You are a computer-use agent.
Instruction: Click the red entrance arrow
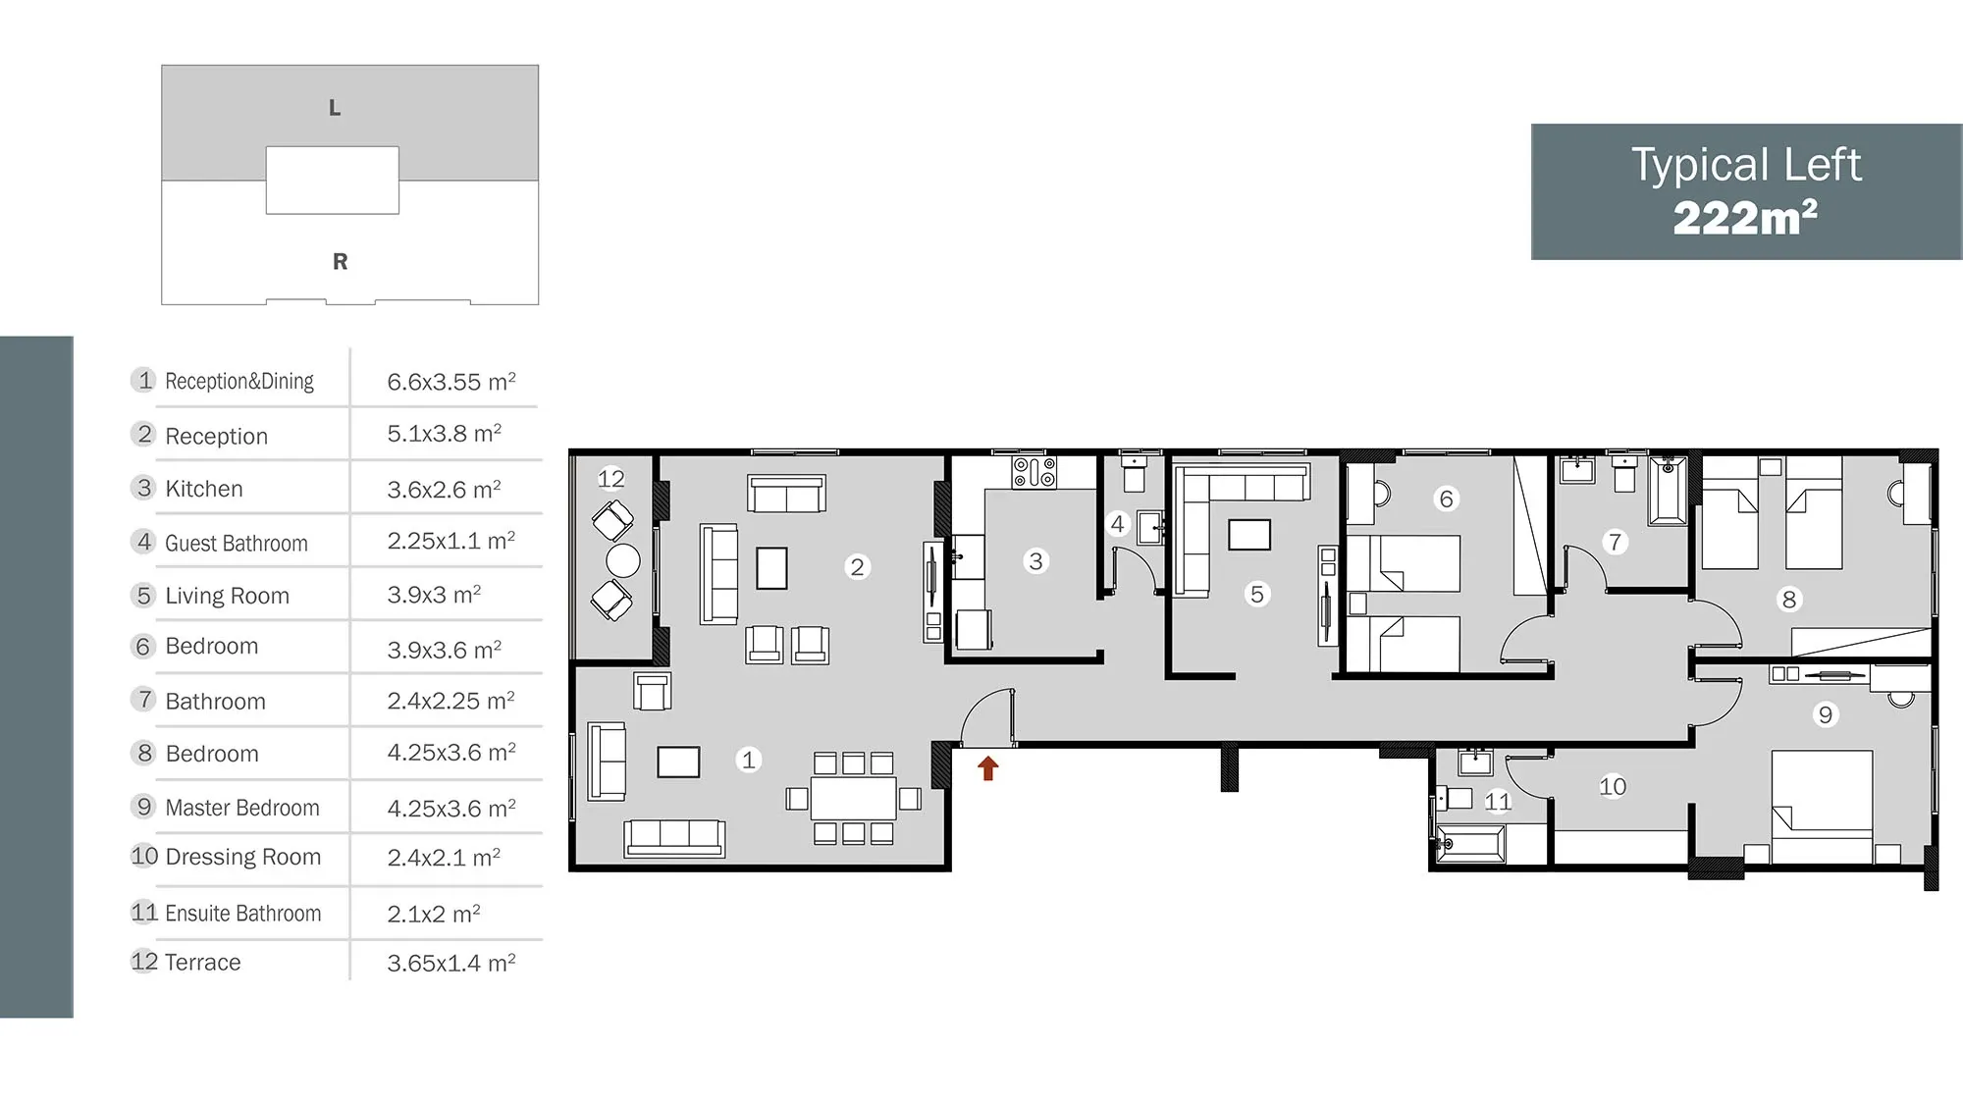[987, 768]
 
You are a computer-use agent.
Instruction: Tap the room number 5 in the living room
[1256, 594]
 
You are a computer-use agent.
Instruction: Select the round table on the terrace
[623, 560]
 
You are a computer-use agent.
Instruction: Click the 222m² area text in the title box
[1745, 217]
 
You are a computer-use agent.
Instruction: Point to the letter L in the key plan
[335, 108]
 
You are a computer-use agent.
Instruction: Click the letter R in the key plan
[340, 261]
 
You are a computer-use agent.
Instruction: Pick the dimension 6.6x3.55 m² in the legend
[451, 381]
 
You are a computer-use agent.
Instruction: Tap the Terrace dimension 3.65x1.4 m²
[451, 962]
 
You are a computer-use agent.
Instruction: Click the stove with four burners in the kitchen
[1035, 472]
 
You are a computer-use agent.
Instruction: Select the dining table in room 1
[854, 798]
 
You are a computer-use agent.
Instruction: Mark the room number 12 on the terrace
[610, 479]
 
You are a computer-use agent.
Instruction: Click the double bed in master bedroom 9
[1822, 807]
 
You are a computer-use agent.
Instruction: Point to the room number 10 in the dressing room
[1613, 786]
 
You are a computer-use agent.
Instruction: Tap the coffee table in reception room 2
[771, 567]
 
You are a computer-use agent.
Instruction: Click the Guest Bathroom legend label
[237, 543]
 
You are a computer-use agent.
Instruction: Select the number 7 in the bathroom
[1615, 542]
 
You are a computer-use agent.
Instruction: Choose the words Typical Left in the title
[1746, 165]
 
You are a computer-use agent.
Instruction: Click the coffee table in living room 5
[1249, 535]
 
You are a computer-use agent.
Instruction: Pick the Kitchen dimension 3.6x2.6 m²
[444, 488]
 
